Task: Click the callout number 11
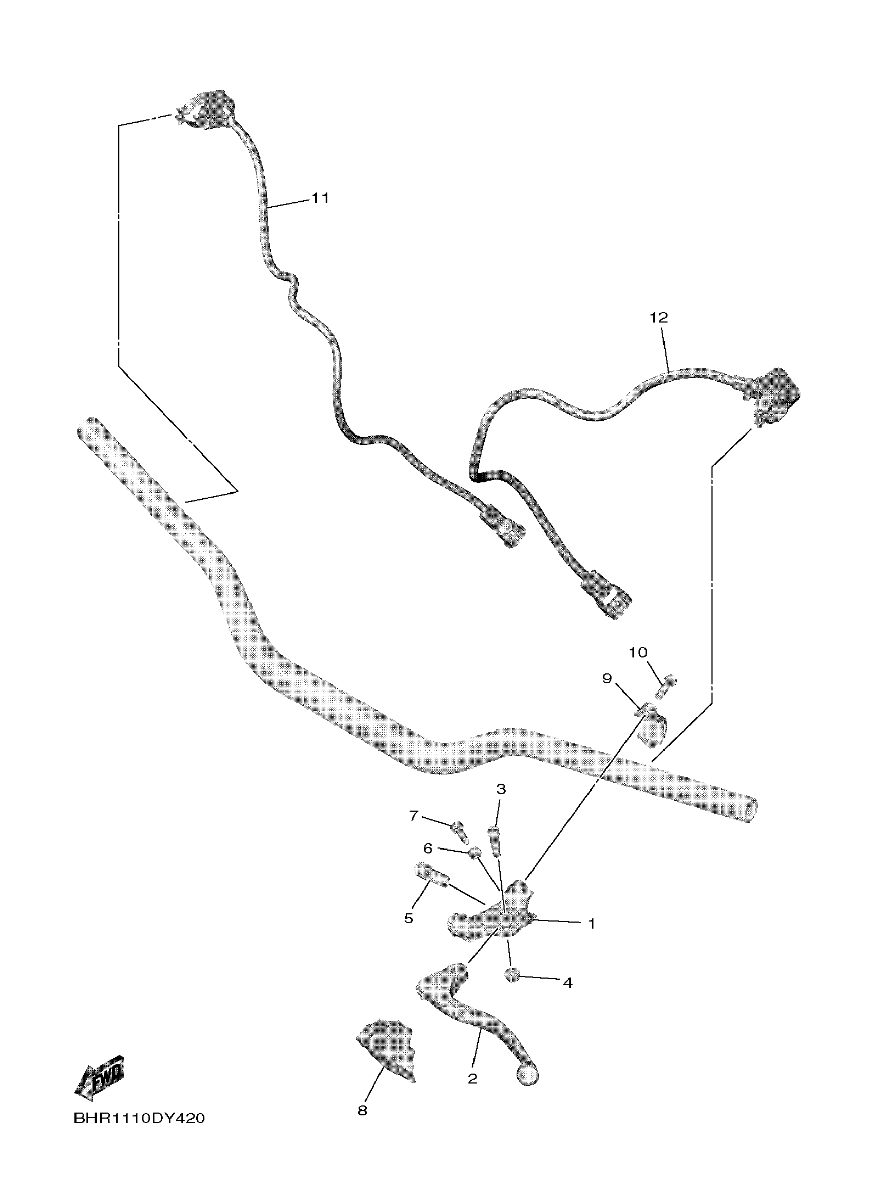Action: tap(320, 198)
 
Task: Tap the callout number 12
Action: tap(658, 318)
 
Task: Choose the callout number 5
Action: tap(408, 918)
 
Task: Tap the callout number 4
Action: tap(567, 982)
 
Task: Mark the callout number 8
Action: tap(363, 1110)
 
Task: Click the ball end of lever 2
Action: tap(527, 1074)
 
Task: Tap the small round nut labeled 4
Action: tap(511, 974)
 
